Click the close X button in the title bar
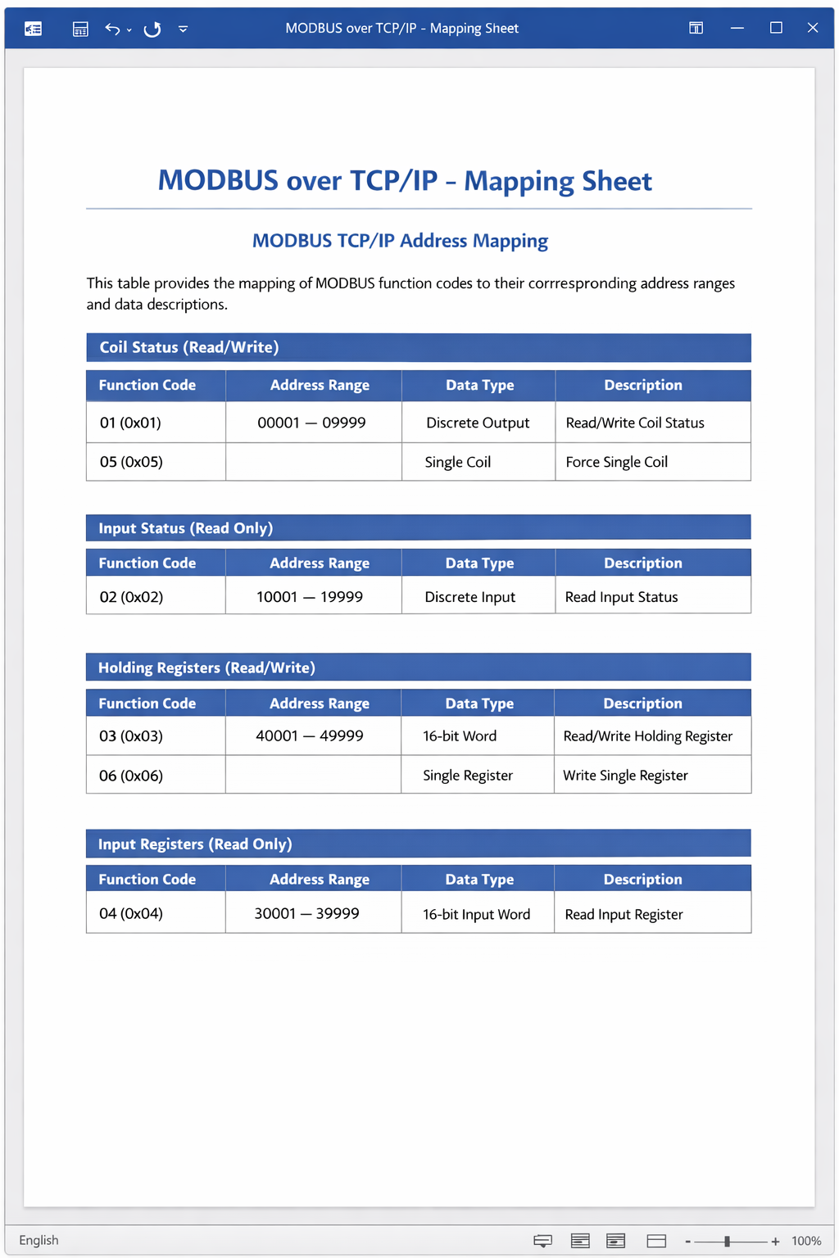click(x=813, y=28)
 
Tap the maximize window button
click(x=776, y=28)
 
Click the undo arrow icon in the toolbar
click(x=112, y=29)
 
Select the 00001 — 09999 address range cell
click(x=311, y=423)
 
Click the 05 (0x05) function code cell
click(x=131, y=462)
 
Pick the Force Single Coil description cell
click(x=616, y=462)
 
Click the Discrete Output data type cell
click(x=478, y=423)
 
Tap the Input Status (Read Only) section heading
click(x=186, y=528)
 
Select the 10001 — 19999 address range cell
click(x=310, y=597)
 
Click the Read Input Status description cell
click(x=621, y=597)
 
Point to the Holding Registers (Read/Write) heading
click(x=206, y=667)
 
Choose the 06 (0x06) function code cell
click(x=131, y=776)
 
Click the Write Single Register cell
click(x=625, y=776)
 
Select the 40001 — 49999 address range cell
click(x=310, y=735)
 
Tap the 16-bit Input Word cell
click(x=476, y=914)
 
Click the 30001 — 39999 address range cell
click(x=307, y=913)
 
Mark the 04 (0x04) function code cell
click(x=131, y=913)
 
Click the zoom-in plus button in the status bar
click(x=775, y=1242)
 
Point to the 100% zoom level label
click(x=806, y=1241)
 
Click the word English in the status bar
click(x=39, y=1240)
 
